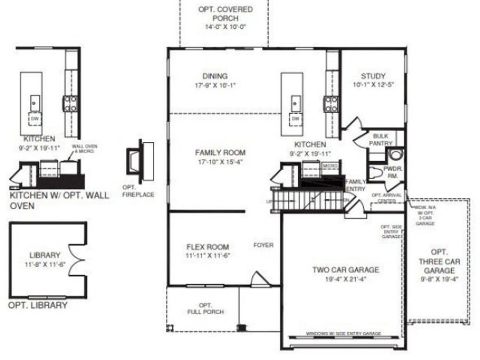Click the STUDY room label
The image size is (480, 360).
coord(373,76)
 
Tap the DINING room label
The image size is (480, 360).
coord(215,76)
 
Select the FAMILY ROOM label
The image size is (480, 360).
coord(220,153)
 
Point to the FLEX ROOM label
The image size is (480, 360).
coord(207,247)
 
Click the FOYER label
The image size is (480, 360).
coord(263,245)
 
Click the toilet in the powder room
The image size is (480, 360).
coord(395,155)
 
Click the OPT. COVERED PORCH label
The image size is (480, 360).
coord(225,10)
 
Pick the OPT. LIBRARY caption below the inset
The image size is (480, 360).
coord(38,306)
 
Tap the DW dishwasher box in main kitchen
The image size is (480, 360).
coord(295,118)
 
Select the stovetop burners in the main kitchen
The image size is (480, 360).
coord(331,103)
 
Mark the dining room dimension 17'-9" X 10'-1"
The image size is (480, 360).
coord(215,85)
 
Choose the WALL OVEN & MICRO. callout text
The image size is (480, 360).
coord(84,148)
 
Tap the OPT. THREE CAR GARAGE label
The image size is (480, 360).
coord(439,261)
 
